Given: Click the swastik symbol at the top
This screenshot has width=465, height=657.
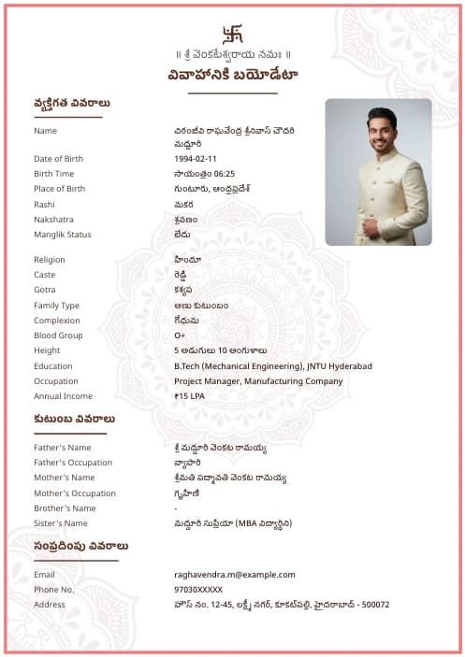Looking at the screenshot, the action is (x=232, y=33).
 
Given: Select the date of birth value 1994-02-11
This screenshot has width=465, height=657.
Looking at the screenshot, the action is (x=195, y=159).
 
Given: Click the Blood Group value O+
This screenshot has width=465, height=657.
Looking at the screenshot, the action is (x=180, y=336).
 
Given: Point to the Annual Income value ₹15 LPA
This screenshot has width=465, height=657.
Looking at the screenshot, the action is (x=189, y=396).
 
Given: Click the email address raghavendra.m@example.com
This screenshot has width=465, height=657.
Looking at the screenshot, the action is (x=234, y=575).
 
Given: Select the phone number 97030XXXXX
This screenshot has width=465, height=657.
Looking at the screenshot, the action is (x=198, y=590).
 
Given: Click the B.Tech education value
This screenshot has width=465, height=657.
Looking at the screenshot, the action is (x=272, y=366).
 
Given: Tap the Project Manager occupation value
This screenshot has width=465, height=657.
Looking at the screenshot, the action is (x=258, y=381).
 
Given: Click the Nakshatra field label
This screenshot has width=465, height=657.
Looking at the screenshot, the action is (x=54, y=219).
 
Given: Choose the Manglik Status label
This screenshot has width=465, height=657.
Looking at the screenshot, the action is (x=63, y=234).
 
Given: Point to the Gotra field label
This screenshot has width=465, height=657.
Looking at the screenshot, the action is (x=46, y=290).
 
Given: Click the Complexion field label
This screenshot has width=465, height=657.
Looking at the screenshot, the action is (x=57, y=321).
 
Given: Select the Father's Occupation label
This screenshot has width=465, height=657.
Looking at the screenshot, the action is (x=73, y=463).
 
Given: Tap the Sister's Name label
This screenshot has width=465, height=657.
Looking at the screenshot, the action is (x=61, y=523).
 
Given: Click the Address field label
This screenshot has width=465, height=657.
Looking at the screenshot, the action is (x=50, y=605).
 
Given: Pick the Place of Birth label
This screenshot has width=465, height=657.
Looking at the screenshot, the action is (x=59, y=189).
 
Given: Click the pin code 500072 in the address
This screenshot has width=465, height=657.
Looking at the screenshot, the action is (x=374, y=605).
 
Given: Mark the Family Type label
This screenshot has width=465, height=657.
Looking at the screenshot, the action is (x=57, y=306).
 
